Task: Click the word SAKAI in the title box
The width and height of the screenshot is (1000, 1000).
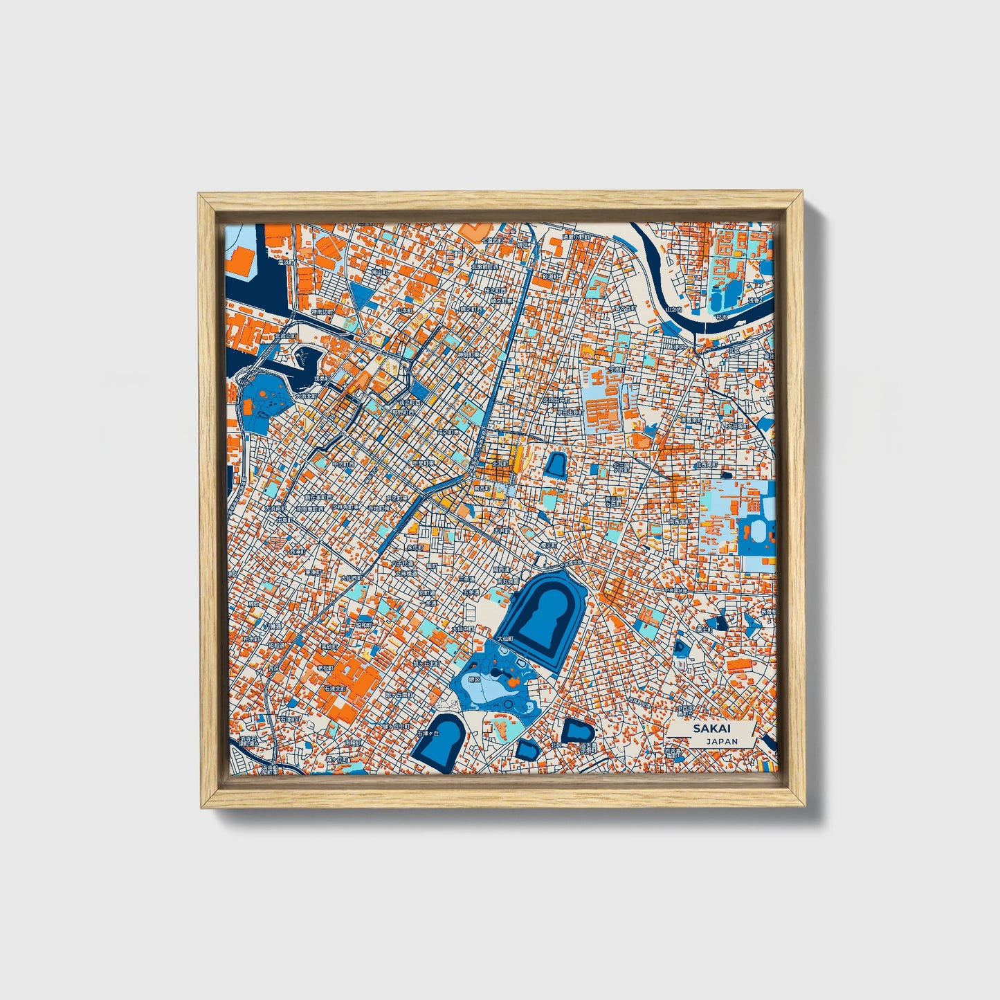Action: coord(711,729)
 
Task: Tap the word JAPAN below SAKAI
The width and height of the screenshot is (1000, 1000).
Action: coord(722,740)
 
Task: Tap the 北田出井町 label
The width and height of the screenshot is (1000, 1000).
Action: coord(555,400)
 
